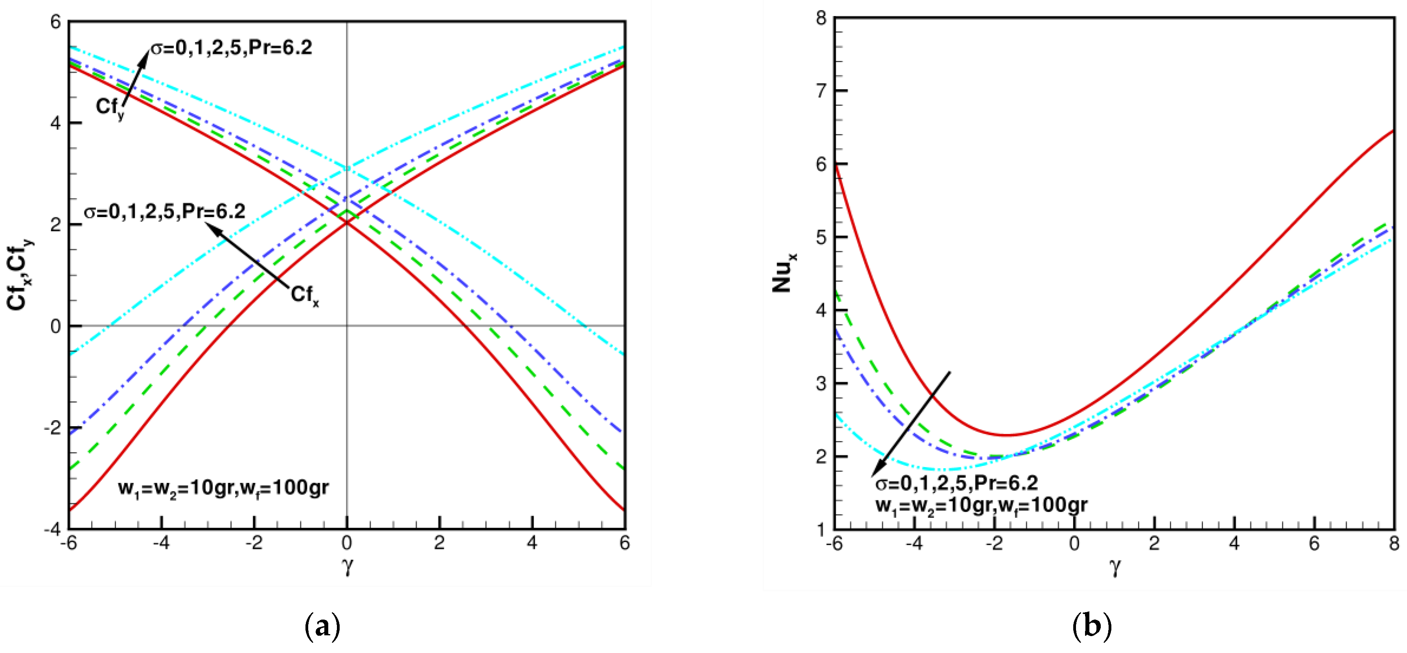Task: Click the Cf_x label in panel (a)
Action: tap(305, 295)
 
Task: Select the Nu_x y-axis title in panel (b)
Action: tap(784, 272)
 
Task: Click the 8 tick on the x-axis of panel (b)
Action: tap(1394, 544)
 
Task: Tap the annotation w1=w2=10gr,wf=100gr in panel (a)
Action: tap(223, 487)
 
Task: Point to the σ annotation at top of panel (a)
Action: tap(231, 48)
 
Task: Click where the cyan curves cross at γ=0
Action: tap(347, 169)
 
